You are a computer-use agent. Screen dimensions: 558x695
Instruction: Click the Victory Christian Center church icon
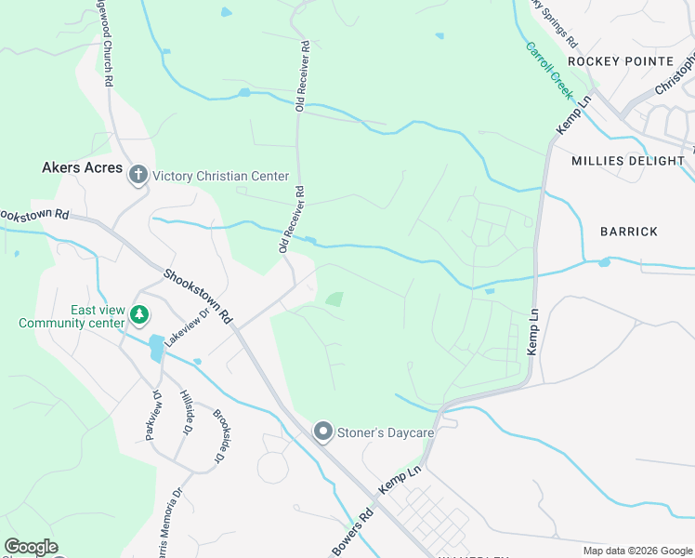point(138,175)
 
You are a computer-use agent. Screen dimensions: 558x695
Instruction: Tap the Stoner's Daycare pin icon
point(323,432)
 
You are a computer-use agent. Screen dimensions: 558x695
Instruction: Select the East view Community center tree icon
point(138,315)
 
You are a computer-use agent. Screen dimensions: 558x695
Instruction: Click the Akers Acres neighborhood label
point(83,167)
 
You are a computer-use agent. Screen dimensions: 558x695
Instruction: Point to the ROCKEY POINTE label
point(620,61)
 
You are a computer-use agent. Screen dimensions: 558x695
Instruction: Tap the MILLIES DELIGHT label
point(627,161)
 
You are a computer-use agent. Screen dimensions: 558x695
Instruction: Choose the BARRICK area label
point(628,232)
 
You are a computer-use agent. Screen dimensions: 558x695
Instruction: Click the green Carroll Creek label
point(549,71)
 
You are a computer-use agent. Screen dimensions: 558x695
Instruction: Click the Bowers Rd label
point(354,534)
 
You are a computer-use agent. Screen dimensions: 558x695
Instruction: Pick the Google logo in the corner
point(31,547)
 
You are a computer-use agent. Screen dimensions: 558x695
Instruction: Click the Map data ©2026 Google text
point(636,551)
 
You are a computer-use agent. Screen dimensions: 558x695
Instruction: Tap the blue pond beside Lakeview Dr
point(156,346)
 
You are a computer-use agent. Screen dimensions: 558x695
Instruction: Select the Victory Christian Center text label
point(221,176)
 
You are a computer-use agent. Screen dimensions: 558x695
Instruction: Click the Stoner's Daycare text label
point(377,432)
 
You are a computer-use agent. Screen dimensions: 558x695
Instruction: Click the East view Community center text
point(72,317)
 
